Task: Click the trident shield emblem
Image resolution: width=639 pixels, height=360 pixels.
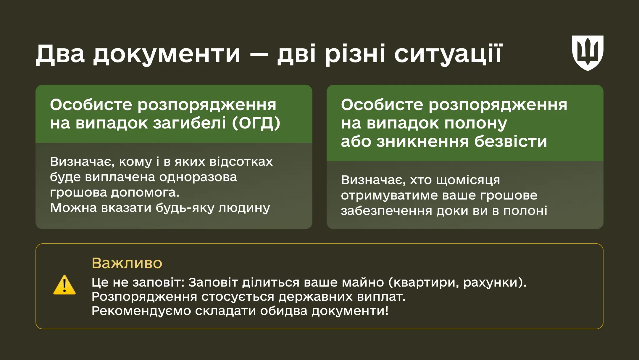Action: [x=588, y=53]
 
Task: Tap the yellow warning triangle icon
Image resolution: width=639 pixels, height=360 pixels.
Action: [x=64, y=285]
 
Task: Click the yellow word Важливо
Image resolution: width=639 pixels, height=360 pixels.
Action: [x=127, y=263]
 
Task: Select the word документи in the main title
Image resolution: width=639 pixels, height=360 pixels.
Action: [x=167, y=54]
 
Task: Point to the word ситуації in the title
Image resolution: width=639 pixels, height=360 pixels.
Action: [x=448, y=54]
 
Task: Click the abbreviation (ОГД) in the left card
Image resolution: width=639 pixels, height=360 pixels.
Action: [x=256, y=123]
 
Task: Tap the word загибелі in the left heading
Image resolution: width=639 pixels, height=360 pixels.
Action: [x=190, y=123]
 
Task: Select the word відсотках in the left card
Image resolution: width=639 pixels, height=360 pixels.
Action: [x=241, y=162]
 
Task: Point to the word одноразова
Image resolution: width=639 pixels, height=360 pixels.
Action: [x=198, y=177]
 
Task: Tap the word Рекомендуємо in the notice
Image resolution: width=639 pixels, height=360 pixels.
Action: [x=141, y=311]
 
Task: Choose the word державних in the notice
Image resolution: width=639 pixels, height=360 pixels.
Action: [x=315, y=297]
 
